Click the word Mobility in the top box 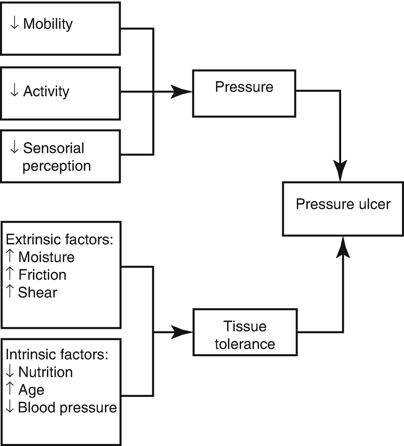[48, 24]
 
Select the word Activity [46, 91]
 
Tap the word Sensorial [54, 148]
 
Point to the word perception [57, 166]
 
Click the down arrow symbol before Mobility [14, 24]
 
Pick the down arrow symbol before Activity [14, 91]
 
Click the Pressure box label [244, 87]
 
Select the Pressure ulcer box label [343, 204]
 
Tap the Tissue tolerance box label [245, 335]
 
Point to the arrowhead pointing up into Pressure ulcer [343, 248]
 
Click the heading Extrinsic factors [60, 240]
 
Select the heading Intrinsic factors [57, 355]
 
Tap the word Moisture [46, 257]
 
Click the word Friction [42, 275]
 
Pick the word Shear [38, 292]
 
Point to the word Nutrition [45, 372]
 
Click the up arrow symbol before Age [11, 390]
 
